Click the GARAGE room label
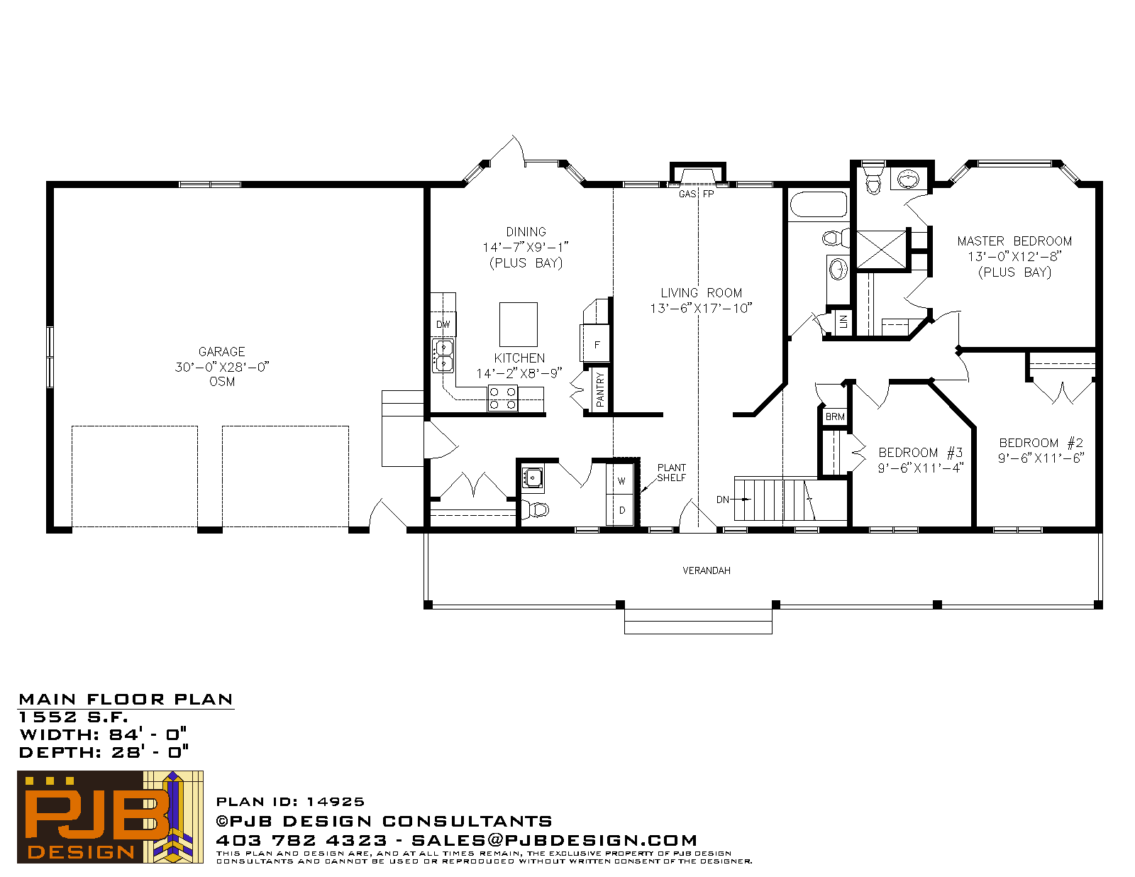point(221,351)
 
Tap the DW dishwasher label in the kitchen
point(443,324)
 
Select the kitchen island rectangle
point(518,324)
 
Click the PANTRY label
point(600,390)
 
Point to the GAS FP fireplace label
point(697,194)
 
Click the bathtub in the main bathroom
point(819,204)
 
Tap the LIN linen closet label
point(843,321)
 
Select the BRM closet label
point(835,417)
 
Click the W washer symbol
point(621,481)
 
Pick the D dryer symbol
point(621,509)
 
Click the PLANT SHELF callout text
point(671,473)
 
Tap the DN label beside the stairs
point(722,500)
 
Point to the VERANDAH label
point(706,571)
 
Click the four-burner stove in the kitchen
point(502,398)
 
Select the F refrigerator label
point(597,345)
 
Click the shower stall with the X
point(881,250)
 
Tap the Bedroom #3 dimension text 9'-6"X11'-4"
point(920,468)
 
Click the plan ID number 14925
point(335,801)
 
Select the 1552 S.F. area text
point(73,717)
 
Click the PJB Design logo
point(110,817)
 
